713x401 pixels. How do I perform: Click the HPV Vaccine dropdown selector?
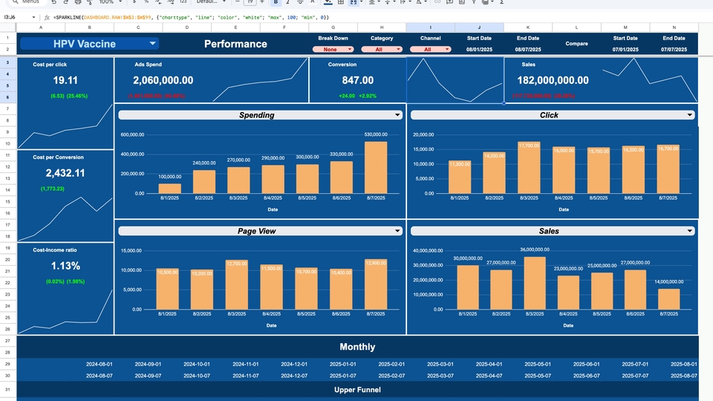click(x=89, y=44)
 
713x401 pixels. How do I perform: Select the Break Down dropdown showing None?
click(x=333, y=50)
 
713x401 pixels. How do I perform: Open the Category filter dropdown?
click(x=382, y=50)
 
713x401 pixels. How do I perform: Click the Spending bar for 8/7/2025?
click(x=376, y=167)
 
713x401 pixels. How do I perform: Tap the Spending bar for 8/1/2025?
click(x=169, y=188)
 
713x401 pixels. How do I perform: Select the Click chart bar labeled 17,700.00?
click(x=529, y=168)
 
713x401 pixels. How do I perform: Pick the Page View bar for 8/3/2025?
click(x=236, y=284)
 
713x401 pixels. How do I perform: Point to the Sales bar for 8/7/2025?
click(x=668, y=299)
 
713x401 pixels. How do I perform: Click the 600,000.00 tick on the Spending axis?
click(x=131, y=135)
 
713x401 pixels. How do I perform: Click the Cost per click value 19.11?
click(x=65, y=80)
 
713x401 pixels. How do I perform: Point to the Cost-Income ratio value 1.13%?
click(x=65, y=266)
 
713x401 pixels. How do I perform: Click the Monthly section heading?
click(x=357, y=347)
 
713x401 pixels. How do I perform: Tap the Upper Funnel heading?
click(x=357, y=390)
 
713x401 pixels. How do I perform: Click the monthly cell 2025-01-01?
click(x=343, y=365)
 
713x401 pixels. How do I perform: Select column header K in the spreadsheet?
click(x=527, y=27)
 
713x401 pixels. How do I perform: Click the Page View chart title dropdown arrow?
click(x=398, y=231)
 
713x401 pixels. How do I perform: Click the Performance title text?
click(x=235, y=44)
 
